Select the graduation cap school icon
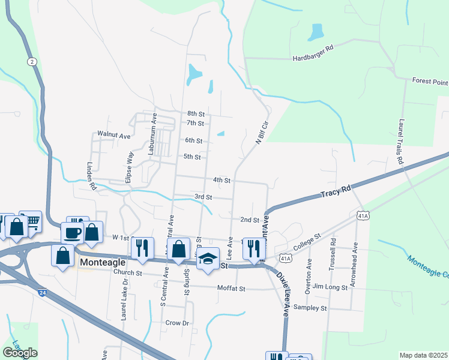pos(208,259)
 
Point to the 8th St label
pos(196,113)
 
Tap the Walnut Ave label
pos(114,136)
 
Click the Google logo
pos(20,353)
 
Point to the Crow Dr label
pos(177,323)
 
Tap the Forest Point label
pos(430,81)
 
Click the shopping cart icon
pos(31,221)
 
